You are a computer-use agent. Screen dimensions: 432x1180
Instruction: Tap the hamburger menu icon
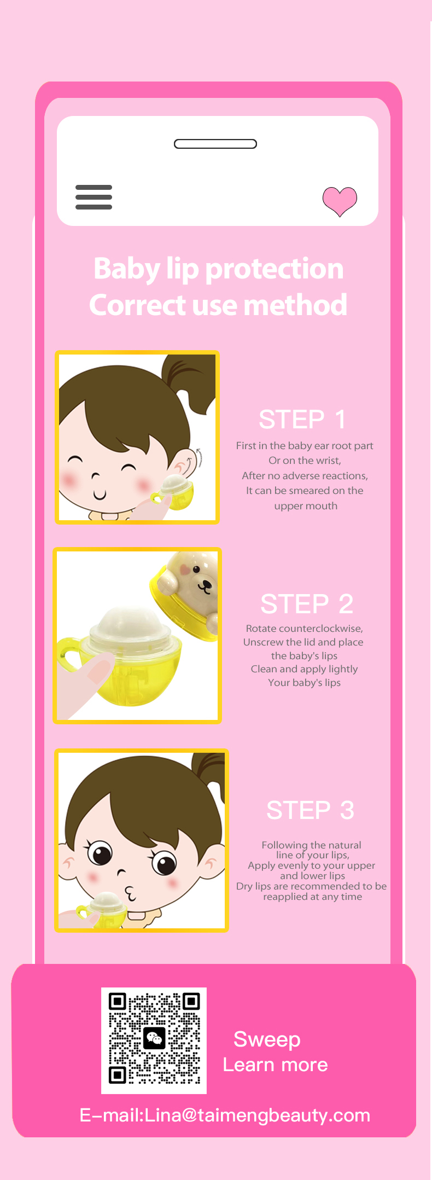(x=94, y=197)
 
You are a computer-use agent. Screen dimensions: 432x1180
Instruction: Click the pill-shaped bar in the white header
(x=215, y=144)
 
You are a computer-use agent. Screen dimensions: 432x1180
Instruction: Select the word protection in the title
(x=275, y=269)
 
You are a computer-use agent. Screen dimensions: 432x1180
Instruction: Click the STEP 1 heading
(x=302, y=420)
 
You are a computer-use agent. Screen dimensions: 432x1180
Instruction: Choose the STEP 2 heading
(x=307, y=604)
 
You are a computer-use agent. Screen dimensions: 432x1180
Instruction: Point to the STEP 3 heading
(x=310, y=810)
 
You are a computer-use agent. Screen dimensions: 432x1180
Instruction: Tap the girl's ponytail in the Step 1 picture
(x=191, y=377)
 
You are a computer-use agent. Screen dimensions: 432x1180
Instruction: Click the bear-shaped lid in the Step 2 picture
(x=186, y=594)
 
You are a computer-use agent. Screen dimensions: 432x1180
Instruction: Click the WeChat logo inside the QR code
(x=154, y=1038)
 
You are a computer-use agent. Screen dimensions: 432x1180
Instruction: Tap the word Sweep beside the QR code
(x=267, y=1039)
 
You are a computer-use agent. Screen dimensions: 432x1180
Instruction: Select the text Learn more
(x=275, y=1065)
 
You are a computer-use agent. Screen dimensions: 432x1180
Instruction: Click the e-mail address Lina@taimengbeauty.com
(x=257, y=1115)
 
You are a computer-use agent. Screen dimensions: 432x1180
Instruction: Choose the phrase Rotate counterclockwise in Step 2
(x=304, y=629)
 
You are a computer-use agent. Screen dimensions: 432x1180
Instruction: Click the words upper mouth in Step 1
(x=306, y=506)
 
